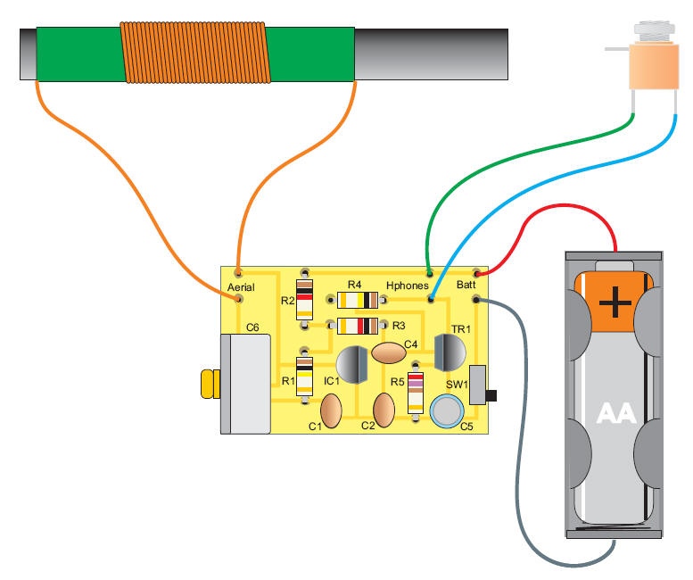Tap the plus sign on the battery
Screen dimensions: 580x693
point(615,302)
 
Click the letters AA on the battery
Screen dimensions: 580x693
point(615,412)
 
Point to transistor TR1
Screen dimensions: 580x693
point(449,352)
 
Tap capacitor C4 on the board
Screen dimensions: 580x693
point(389,354)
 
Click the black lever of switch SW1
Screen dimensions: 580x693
point(491,394)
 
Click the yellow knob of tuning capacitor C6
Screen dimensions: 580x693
point(210,384)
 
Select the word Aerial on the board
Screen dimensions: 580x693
point(242,287)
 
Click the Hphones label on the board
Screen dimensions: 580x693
point(407,285)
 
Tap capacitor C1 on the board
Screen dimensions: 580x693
point(330,411)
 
